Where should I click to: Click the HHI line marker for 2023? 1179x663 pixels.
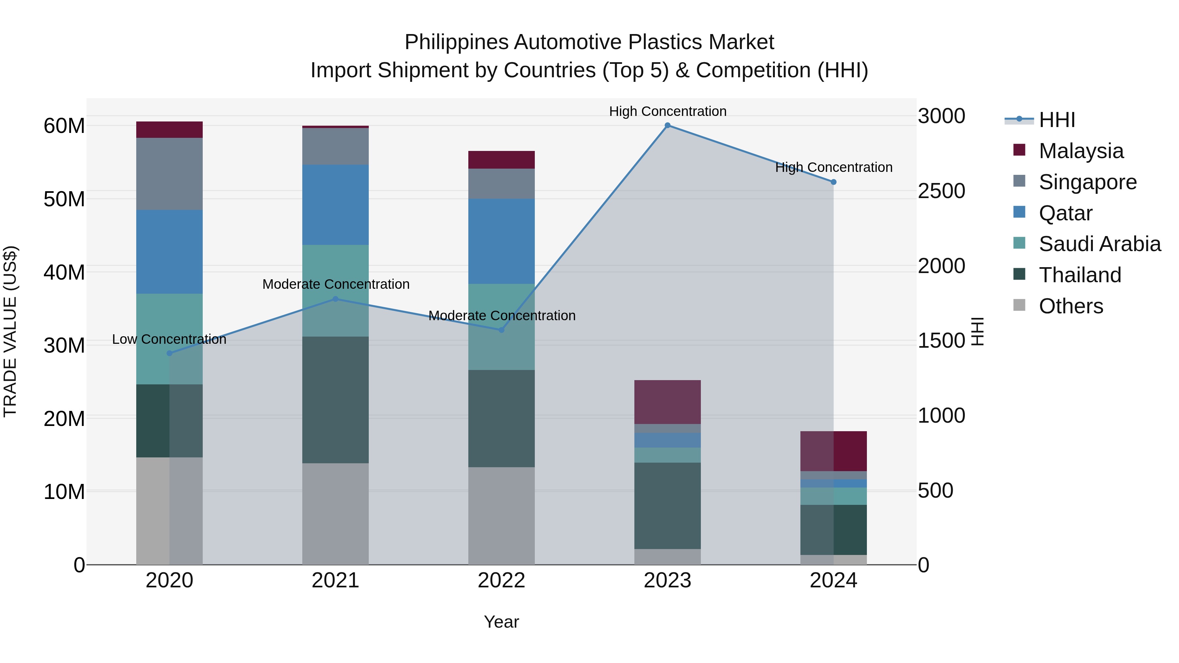click(x=667, y=125)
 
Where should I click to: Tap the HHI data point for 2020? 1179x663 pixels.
click(x=169, y=353)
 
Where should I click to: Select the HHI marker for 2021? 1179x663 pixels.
click(x=335, y=299)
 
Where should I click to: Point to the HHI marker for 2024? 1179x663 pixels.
click(x=833, y=182)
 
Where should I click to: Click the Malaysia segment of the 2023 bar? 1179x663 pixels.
click(x=667, y=402)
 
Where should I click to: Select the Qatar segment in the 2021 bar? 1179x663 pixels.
click(x=335, y=205)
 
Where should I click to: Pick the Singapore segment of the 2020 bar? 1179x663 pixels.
click(x=169, y=174)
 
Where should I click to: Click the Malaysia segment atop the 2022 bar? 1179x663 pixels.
click(x=501, y=160)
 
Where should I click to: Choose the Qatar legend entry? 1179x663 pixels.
click(x=1065, y=213)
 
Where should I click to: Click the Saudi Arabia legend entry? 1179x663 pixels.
click(x=1099, y=244)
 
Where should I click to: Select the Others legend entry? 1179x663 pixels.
click(x=1071, y=306)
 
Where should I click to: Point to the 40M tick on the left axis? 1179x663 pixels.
click(x=64, y=273)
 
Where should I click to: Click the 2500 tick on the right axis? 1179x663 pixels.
click(x=942, y=191)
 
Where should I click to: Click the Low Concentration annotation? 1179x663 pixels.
click(x=169, y=340)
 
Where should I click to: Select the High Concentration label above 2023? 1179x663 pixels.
click(x=667, y=112)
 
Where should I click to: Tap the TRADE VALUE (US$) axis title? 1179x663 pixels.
click(x=10, y=331)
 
